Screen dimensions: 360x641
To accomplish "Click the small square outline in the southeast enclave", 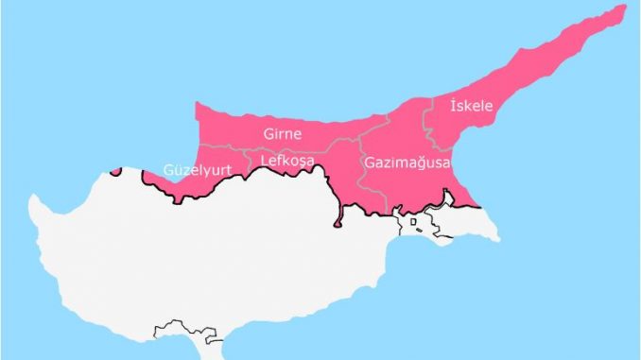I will coord(413,224).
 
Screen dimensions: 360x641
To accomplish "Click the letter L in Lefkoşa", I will coord(264,162).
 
